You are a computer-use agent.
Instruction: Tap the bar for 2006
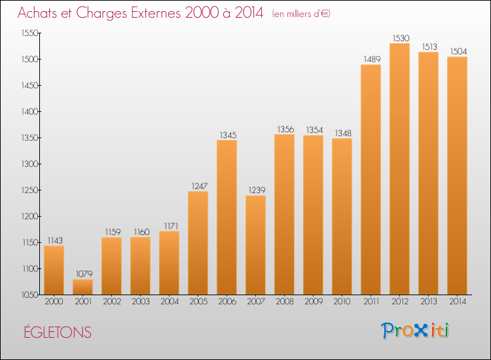coord(227,217)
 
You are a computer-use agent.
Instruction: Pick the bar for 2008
coord(284,214)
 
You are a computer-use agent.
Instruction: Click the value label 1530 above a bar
coord(399,39)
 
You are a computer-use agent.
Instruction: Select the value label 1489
coord(371,60)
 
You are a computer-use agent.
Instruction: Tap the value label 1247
coord(198,187)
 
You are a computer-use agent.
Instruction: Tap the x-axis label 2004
coord(169,302)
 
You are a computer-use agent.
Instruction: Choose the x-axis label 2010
coord(342,302)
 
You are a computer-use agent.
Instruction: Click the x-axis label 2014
coord(457,302)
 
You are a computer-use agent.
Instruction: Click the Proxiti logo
coord(414,331)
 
